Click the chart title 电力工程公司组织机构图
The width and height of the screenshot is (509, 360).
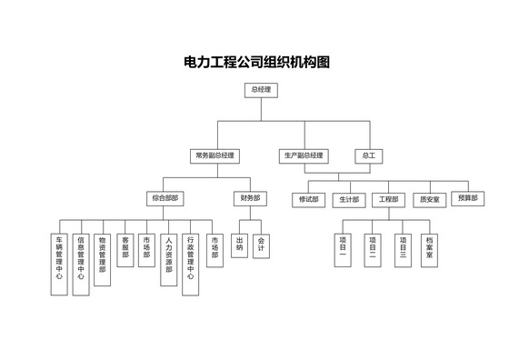click(x=255, y=63)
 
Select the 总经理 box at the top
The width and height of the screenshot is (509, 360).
click(x=261, y=90)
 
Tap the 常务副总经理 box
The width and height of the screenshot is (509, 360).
click(x=215, y=156)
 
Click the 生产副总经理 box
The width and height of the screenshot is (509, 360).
click(x=303, y=156)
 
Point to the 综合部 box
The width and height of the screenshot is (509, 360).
click(x=164, y=198)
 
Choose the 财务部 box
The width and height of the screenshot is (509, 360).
click(x=250, y=198)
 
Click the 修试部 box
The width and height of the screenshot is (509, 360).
click(x=309, y=199)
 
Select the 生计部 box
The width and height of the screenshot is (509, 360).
click(x=348, y=199)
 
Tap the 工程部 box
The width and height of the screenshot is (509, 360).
click(x=389, y=199)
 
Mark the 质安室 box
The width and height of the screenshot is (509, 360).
click(x=427, y=199)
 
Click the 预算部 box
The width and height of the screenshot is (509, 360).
click(x=467, y=198)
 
